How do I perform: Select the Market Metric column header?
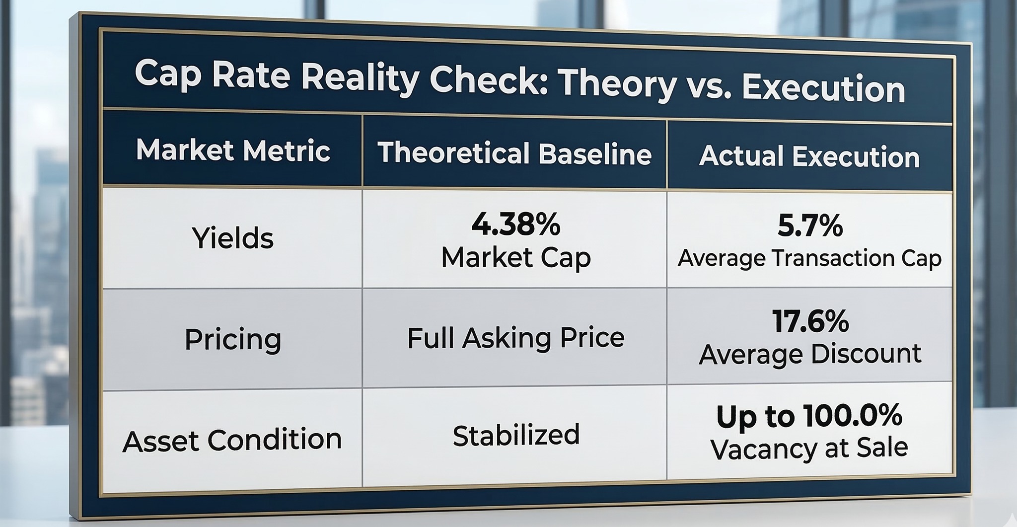pos(233,150)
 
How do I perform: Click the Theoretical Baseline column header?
pos(514,153)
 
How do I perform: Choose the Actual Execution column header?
pos(809,156)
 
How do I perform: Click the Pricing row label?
pos(233,340)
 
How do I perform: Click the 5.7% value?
pos(810,226)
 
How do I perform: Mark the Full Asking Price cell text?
pos(515,338)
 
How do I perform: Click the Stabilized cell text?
pos(516,435)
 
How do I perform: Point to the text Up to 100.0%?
pos(809,416)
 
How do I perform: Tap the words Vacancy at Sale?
pos(809,448)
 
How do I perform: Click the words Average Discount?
pos(810,354)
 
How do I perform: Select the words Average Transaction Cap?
pos(809,259)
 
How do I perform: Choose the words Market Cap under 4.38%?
pos(516,258)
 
